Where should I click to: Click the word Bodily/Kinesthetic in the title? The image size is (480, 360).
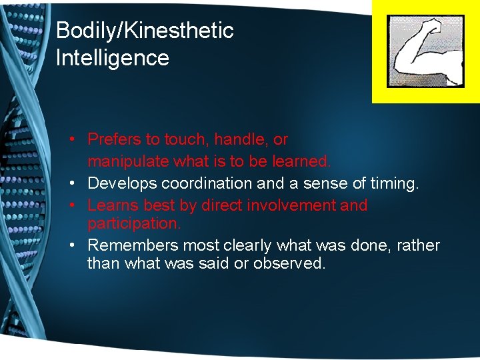pyautogui.click(x=145, y=31)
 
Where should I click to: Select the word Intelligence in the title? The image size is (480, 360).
pyautogui.click(x=112, y=58)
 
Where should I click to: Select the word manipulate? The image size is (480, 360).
pyautogui.click(x=128, y=161)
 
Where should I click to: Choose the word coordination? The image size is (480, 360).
pyautogui.click(x=199, y=183)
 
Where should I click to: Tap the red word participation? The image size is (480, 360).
pyautogui.click(x=133, y=223)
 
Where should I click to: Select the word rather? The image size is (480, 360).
pyautogui.click(x=418, y=245)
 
